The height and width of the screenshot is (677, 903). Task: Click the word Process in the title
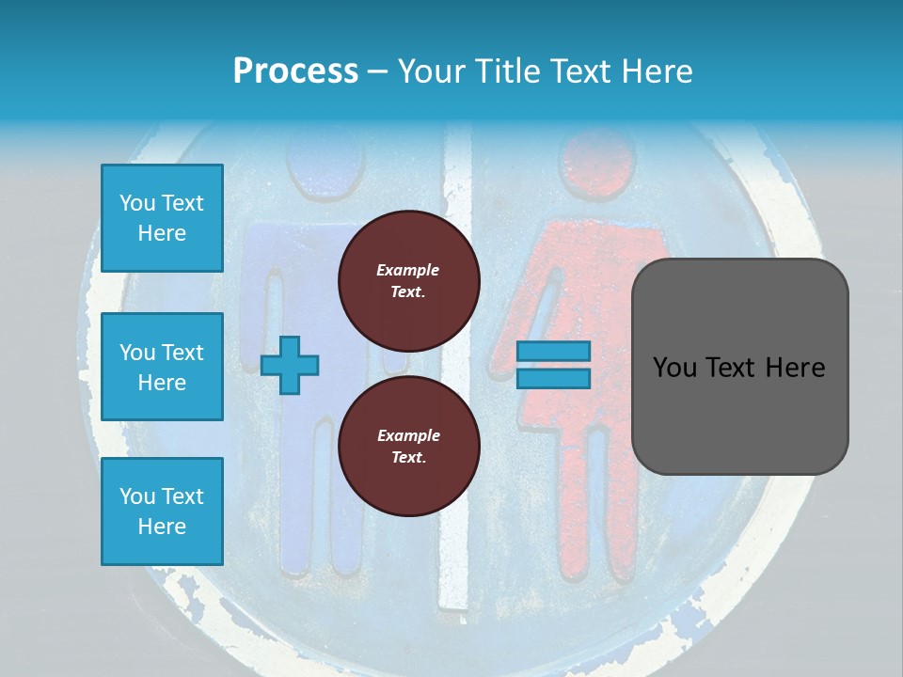click(295, 71)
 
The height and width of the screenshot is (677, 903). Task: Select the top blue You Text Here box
click(162, 218)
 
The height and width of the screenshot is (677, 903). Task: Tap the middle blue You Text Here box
click(162, 367)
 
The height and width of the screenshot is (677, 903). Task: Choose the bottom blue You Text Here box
click(162, 511)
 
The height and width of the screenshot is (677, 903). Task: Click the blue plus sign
click(290, 365)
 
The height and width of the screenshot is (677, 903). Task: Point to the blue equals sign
click(553, 365)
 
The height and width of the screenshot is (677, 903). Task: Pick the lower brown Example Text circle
click(408, 446)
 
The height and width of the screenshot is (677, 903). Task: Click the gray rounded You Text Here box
click(739, 367)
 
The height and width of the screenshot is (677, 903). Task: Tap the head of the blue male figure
click(325, 160)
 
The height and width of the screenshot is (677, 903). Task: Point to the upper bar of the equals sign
click(553, 352)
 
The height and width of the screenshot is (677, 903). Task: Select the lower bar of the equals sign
click(553, 378)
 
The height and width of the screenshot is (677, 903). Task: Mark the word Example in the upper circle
click(408, 270)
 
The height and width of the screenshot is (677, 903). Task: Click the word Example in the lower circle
click(408, 435)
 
